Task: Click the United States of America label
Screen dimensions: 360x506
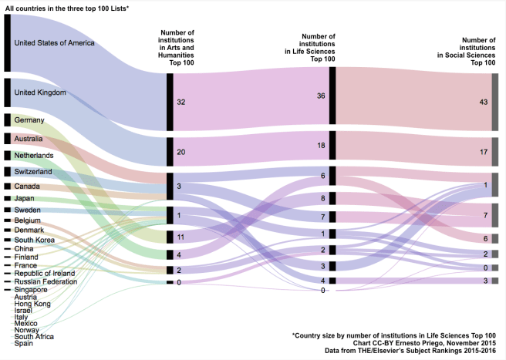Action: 54,42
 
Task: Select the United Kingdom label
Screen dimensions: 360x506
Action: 40,93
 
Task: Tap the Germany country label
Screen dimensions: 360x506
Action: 29,120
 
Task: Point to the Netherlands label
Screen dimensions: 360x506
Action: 35,155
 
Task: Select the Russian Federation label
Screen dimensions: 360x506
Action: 46,281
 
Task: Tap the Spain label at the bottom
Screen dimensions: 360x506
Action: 24,343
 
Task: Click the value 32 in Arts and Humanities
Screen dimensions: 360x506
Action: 181,102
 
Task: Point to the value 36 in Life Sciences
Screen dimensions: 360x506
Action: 322,96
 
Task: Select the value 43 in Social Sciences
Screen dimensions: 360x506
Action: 484,102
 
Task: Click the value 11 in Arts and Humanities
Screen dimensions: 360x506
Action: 181,237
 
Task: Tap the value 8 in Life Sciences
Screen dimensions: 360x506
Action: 322,198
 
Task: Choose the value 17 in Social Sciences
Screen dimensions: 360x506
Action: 484,152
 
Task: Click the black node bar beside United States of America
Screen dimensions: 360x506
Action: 7,43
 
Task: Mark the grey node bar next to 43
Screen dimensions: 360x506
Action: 494,103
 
